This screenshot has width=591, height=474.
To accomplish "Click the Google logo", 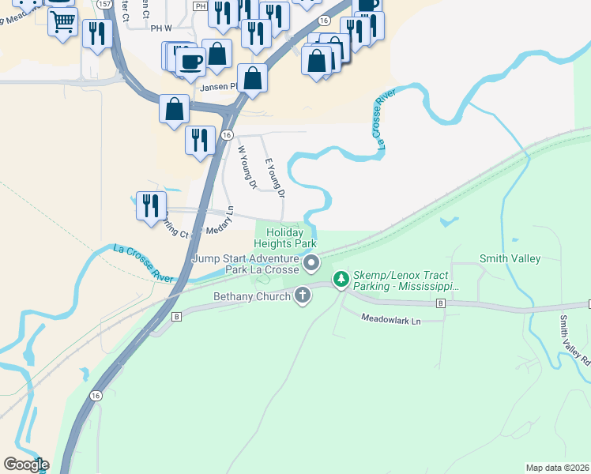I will [26, 465].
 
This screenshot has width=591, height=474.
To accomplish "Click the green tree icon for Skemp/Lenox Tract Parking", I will [341, 279].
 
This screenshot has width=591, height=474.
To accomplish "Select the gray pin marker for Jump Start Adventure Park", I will [311, 263].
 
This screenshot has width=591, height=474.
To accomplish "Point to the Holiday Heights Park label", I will [284, 239].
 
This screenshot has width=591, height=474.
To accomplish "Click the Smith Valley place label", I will [510, 258].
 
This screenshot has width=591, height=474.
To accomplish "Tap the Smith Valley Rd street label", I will [574, 340].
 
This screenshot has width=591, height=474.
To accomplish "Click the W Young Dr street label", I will [247, 167].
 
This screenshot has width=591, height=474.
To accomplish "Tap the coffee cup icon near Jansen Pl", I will [191, 59].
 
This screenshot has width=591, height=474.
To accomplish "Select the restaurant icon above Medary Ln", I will [149, 204].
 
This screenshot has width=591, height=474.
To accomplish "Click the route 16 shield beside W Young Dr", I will [227, 135].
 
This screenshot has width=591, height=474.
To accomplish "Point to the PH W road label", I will [161, 28].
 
